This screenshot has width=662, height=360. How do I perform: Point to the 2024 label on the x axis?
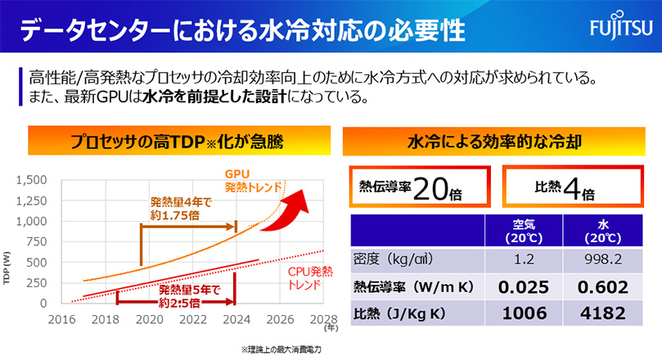tap(235, 319)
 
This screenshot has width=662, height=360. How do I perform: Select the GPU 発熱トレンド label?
tap(246, 180)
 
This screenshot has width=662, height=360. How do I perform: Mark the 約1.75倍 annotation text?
tap(175, 214)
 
